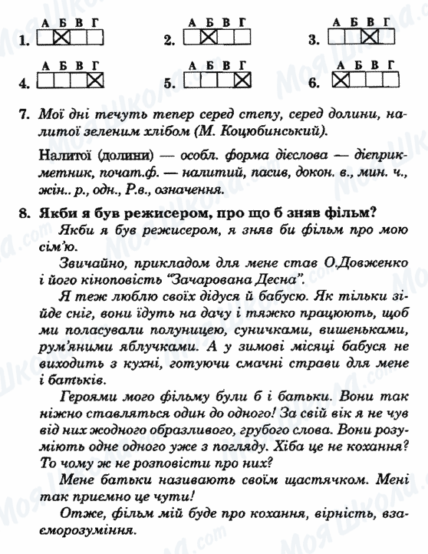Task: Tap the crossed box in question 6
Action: coord(340,78)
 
